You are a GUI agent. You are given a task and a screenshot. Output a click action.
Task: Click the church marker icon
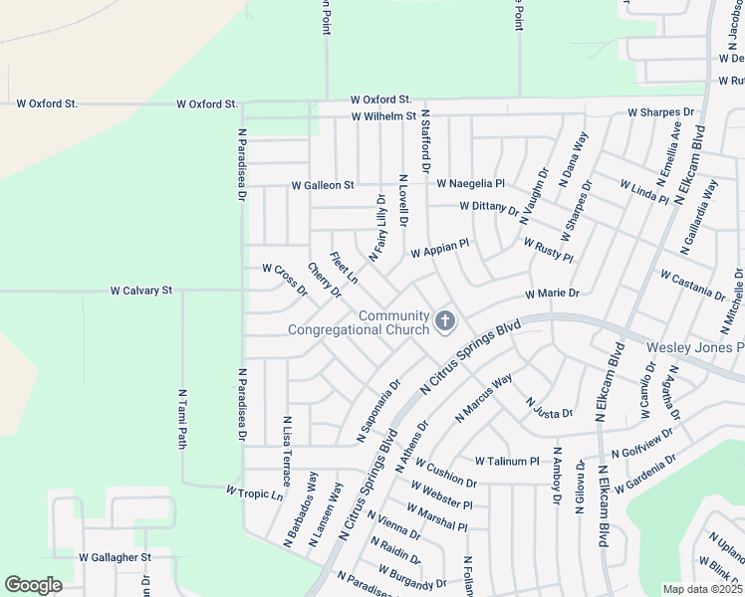444,321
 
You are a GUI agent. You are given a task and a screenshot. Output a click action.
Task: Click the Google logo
33,585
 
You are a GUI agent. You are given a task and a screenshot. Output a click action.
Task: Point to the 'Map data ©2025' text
702,589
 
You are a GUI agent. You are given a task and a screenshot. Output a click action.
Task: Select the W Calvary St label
141,291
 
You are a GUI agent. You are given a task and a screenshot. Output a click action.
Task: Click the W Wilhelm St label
382,116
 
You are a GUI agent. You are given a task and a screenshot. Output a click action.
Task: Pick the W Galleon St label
323,185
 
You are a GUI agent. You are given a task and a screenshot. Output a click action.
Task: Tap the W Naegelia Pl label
471,184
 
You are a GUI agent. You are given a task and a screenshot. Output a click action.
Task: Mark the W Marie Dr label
552,295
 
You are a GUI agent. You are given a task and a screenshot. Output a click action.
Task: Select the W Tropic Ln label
255,493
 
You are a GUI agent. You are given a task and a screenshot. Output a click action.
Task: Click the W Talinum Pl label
506,462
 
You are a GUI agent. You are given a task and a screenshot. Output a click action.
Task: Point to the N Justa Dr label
549,406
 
